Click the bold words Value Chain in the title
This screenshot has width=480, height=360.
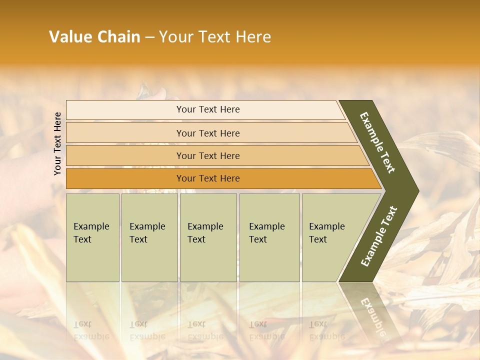coord(94,37)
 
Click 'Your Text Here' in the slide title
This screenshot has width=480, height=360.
coord(215,37)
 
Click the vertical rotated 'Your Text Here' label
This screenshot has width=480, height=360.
coord(57,143)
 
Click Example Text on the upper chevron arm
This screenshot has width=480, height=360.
coord(377,142)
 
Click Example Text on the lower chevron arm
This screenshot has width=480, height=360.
coord(379,236)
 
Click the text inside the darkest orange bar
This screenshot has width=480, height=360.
coord(208,178)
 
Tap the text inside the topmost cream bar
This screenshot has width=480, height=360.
coord(208,109)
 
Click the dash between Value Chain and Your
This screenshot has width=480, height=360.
coord(149,37)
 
